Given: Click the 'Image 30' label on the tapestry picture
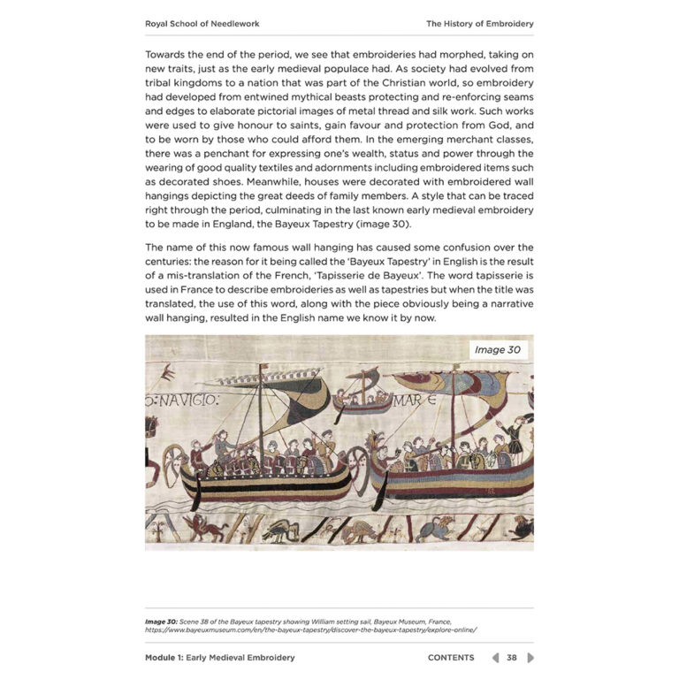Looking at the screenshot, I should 498,349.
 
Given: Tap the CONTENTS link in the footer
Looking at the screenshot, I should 451,658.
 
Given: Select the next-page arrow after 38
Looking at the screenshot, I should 530,658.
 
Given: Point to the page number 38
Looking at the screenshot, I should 512,658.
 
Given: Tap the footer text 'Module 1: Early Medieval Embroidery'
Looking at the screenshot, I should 220,658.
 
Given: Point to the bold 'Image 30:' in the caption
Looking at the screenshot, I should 162,622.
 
